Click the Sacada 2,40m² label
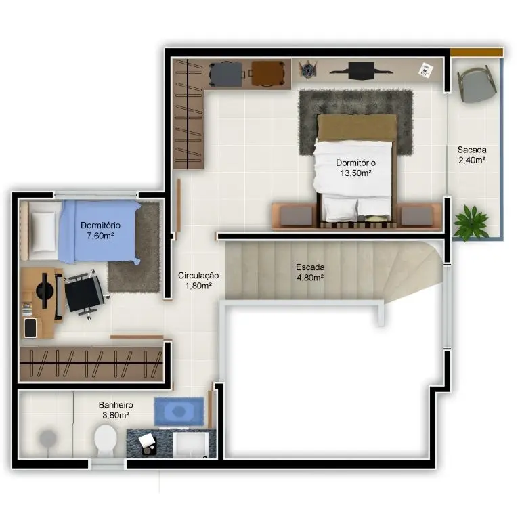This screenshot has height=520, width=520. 471,155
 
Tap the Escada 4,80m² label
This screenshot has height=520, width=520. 310,272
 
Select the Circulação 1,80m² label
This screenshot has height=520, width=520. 198,280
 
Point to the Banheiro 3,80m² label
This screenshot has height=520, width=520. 116,410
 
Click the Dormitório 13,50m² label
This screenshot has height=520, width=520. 355,168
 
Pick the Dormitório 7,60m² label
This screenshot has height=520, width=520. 100,230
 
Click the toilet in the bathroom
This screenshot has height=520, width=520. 106,440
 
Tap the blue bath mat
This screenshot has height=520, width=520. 179,411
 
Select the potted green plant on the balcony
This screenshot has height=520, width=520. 471,221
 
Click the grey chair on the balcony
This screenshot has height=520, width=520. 477,85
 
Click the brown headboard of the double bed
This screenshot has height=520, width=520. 357,127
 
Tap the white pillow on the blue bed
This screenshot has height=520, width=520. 43,231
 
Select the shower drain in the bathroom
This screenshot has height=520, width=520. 48,439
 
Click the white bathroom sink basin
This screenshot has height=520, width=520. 191,444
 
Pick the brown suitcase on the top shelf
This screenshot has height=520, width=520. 267,74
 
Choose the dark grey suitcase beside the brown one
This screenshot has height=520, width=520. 227,74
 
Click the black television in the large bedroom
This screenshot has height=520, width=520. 362,70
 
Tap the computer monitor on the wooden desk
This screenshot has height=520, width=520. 45,290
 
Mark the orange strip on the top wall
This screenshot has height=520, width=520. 477,52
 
